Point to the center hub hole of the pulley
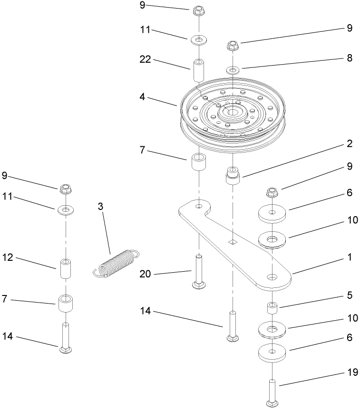click(232, 113)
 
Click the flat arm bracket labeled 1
click(238, 247)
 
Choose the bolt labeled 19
click(272, 392)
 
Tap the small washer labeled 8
click(233, 70)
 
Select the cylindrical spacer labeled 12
click(65, 269)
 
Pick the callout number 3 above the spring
click(100, 207)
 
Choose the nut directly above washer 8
click(233, 46)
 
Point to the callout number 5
click(350, 295)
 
